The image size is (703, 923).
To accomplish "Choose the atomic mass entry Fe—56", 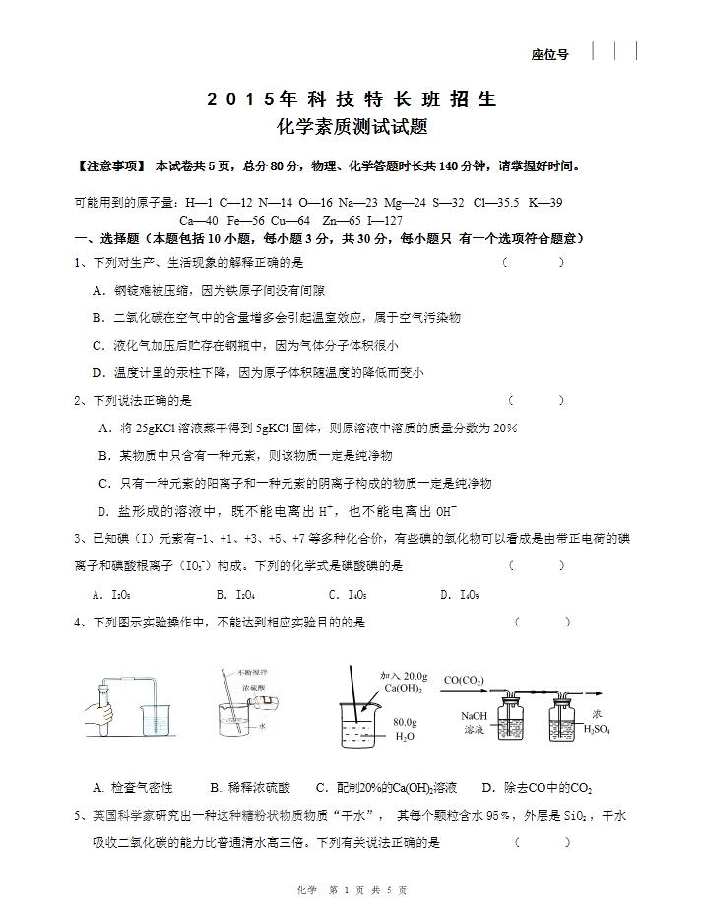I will click(246, 221).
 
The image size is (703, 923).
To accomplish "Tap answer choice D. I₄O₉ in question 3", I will click(460, 595).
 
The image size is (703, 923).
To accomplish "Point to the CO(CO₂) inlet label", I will click(469, 680).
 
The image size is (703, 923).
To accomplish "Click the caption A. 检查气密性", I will click(133, 788).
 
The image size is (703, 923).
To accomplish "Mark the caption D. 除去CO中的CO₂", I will click(537, 788).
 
